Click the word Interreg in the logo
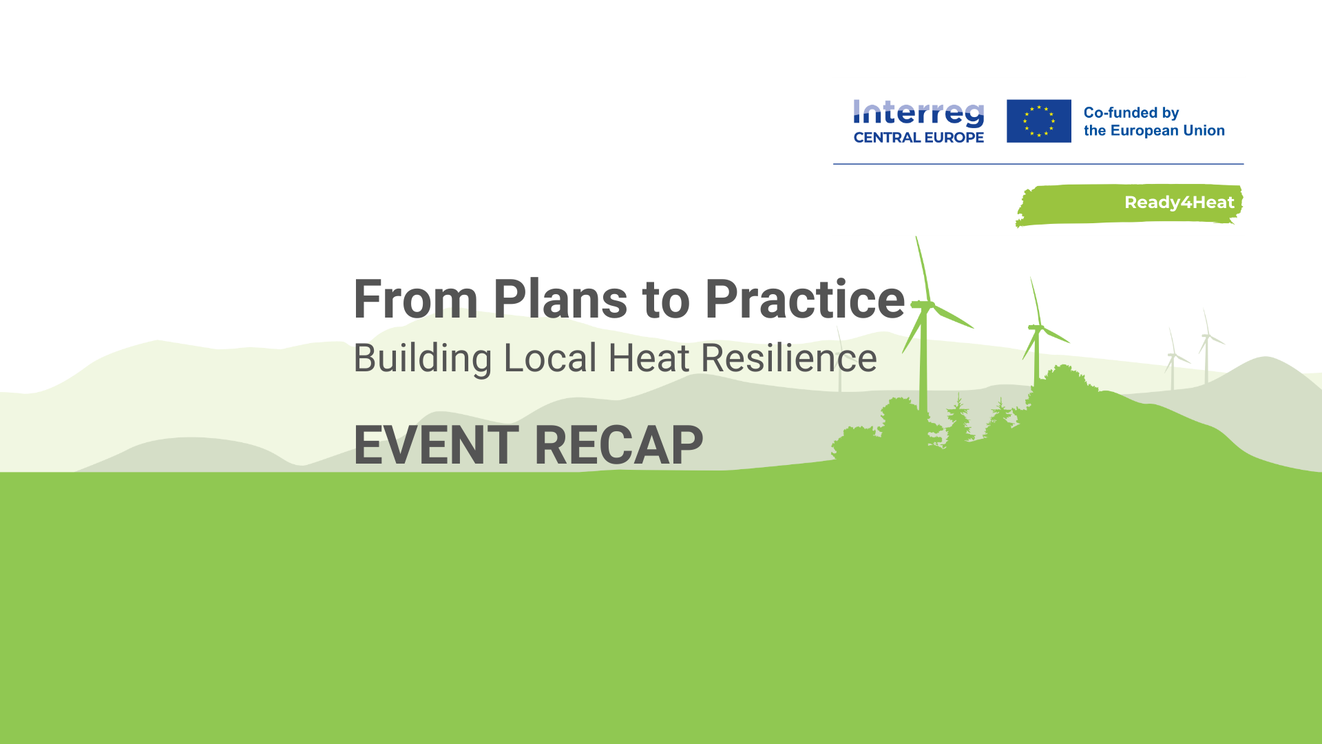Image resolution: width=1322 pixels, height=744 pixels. point(919,114)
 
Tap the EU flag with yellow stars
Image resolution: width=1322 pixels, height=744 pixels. point(1038,121)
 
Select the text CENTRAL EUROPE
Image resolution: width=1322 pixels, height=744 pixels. point(919,137)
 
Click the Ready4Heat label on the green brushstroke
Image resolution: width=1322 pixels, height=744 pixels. point(1179,203)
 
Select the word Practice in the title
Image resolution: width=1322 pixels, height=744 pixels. point(805,299)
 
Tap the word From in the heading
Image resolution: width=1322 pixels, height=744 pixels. point(415,299)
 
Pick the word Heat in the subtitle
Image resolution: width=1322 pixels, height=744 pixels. point(649,358)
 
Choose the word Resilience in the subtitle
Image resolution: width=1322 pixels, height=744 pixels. point(789,358)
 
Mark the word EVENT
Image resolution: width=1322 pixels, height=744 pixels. point(437,445)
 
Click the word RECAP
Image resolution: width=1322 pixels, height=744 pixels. point(618,445)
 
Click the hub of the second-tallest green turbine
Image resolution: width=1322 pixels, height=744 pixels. point(1037,328)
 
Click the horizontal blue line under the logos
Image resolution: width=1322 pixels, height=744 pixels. point(1038,164)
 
